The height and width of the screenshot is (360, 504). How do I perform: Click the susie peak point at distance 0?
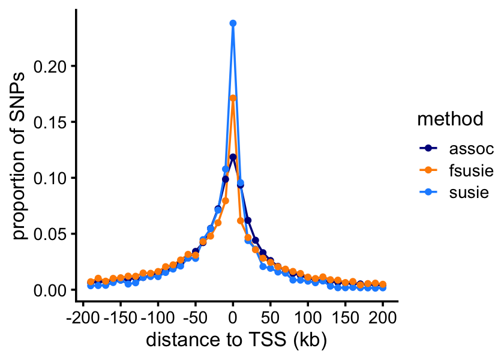[233, 23]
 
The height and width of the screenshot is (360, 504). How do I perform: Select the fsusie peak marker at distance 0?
[233, 98]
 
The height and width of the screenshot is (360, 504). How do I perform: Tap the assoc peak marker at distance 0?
[233, 157]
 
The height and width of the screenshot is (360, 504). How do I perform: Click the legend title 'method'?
[451, 119]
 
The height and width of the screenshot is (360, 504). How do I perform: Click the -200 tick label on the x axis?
[82, 316]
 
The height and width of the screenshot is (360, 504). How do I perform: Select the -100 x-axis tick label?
[158, 316]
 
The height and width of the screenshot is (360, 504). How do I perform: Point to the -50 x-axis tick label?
[195, 316]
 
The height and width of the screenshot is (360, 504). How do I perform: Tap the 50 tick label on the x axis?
[270, 316]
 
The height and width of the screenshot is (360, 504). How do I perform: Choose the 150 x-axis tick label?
[345, 316]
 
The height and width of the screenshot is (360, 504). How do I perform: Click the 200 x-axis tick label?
[383, 316]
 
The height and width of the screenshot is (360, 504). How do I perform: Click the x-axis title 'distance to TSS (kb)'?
[236, 340]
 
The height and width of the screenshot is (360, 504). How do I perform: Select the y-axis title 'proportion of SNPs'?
[20, 156]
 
